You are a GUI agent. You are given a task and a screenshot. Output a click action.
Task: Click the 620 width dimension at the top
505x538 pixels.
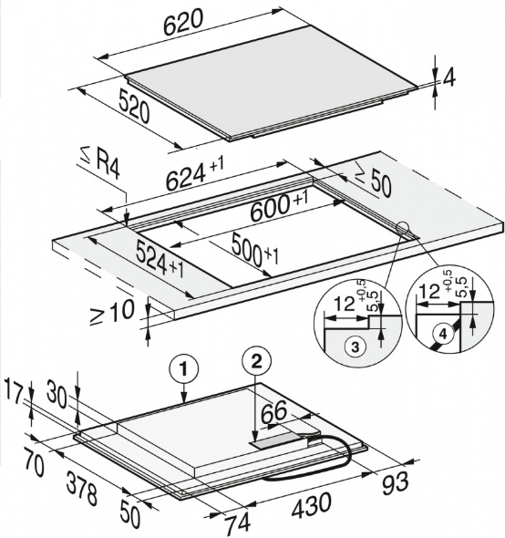pyautogui.click(x=183, y=23)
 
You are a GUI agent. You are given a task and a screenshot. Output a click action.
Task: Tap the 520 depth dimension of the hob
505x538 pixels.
pyautogui.click(x=134, y=105)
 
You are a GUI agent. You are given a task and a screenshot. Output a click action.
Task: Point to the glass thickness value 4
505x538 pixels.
pyautogui.click(x=448, y=78)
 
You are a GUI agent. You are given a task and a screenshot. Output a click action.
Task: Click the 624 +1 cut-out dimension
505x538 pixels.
pyautogui.click(x=194, y=173)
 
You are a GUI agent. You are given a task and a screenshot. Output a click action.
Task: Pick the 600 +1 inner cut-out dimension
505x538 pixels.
pyautogui.click(x=279, y=206)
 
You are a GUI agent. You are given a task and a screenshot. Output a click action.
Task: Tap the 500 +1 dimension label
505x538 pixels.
pyautogui.click(x=255, y=249)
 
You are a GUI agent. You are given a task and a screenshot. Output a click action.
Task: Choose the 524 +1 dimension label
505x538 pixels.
pyautogui.click(x=160, y=258)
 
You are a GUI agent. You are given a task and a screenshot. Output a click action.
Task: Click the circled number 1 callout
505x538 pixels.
pyautogui.click(x=184, y=370)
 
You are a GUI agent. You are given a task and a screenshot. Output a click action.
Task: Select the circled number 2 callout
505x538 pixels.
pyautogui.click(x=257, y=362)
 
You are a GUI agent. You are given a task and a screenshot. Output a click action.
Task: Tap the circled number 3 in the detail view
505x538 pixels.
pyautogui.click(x=356, y=347)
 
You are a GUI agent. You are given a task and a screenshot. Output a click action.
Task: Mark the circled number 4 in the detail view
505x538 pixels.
pyautogui.click(x=444, y=334)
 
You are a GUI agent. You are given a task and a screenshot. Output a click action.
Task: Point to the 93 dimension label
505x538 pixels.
pyautogui.click(x=396, y=483)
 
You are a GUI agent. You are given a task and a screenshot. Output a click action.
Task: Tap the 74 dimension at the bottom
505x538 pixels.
pyautogui.click(x=237, y=524)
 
